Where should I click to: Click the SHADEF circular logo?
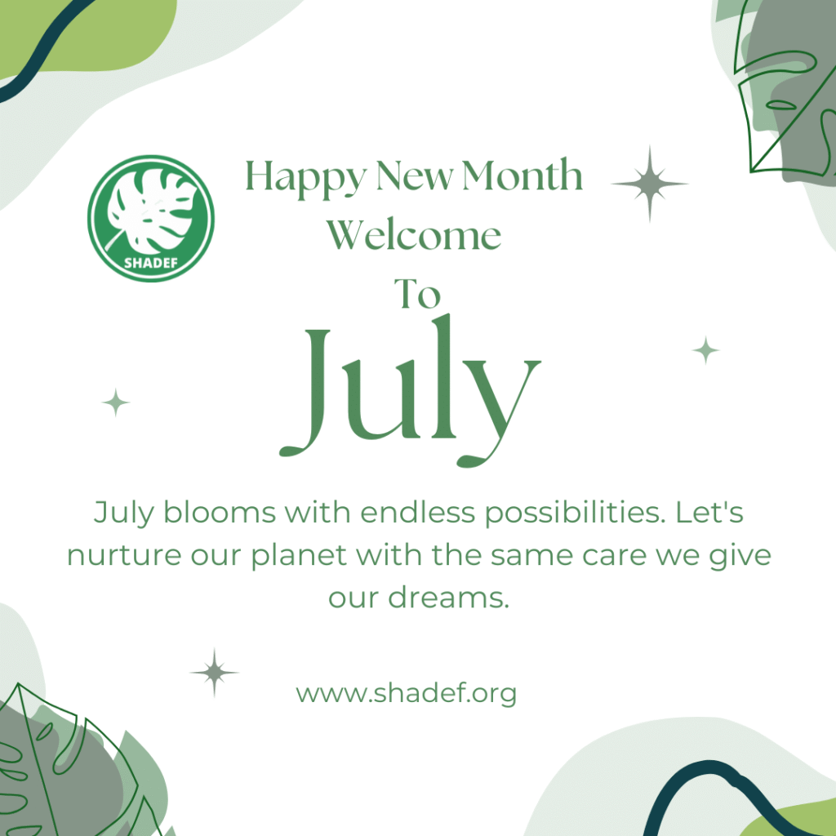151,219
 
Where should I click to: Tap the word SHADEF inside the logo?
151,263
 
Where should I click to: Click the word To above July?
417,293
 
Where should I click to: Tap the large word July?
410,390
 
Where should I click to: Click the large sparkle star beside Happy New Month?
649,184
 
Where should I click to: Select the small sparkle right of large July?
706,350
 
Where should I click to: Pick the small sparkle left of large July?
116,402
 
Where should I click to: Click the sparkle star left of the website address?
215,673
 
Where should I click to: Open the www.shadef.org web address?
407,694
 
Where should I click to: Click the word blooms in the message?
219,513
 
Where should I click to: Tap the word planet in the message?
299,556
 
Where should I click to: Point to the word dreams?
448,597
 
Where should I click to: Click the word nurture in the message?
124,555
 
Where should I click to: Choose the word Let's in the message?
709,513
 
